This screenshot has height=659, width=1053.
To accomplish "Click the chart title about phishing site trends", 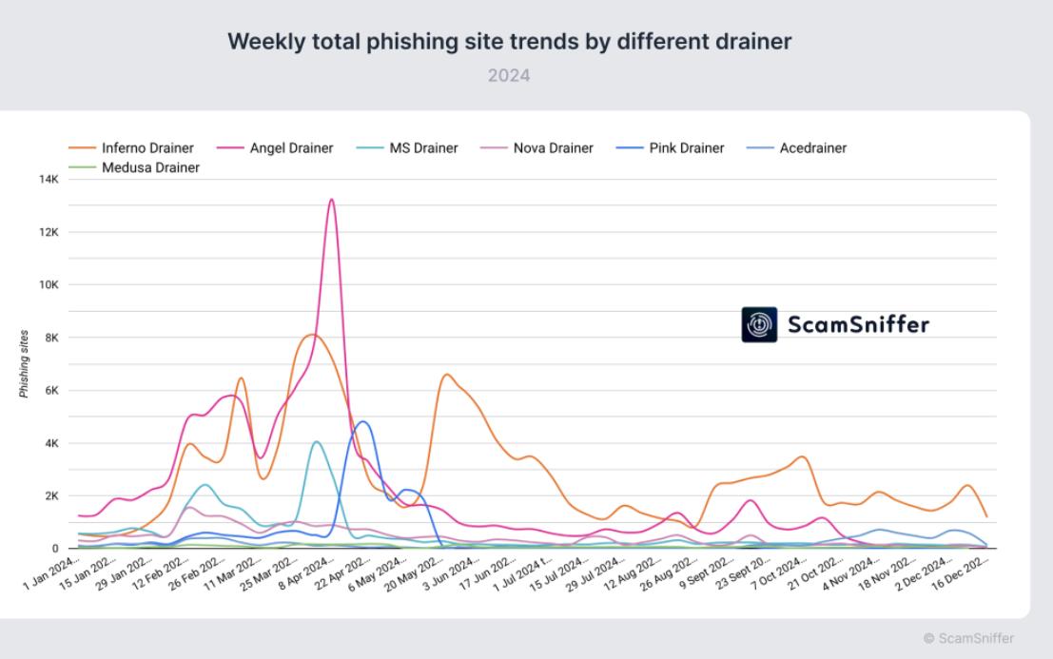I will tap(509, 42).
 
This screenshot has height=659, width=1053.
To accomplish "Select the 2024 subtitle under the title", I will tap(509, 75).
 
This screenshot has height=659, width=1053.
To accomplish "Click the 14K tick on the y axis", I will tap(47, 179).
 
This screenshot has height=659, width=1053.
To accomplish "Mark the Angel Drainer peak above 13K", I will tap(331, 200).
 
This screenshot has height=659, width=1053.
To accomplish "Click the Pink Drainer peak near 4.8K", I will tap(361, 421).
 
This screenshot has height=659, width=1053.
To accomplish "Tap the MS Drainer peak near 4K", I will tap(316, 441).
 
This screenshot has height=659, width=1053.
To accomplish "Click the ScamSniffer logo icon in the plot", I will tap(759, 325).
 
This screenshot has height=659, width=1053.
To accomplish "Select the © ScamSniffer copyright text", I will tap(967, 638).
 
